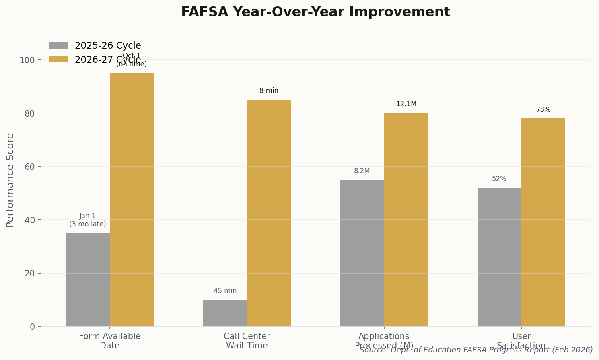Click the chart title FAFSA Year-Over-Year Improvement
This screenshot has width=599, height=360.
click(315, 12)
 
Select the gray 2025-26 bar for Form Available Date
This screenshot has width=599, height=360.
click(88, 280)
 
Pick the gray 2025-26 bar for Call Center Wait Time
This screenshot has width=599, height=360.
click(225, 313)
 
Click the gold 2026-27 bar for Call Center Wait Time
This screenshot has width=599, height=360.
click(269, 213)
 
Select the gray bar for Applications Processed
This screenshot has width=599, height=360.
click(362, 253)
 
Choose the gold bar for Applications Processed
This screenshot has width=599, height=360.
click(406, 220)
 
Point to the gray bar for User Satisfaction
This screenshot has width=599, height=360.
click(499, 257)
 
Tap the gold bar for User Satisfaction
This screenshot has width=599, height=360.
click(543, 222)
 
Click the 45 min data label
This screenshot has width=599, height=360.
click(225, 291)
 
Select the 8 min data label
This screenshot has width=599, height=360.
click(269, 91)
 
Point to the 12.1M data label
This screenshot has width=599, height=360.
click(406, 104)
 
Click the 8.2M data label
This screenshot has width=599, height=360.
click(362, 171)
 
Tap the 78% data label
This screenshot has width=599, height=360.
click(543, 110)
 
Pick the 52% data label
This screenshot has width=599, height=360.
click(499, 179)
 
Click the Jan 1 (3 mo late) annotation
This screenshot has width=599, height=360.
click(88, 220)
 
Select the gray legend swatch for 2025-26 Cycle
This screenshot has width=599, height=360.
click(58, 45)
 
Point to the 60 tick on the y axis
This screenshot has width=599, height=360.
click(30, 167)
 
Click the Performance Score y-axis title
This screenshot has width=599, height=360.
click(10, 180)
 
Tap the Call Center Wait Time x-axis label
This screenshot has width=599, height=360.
click(247, 341)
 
